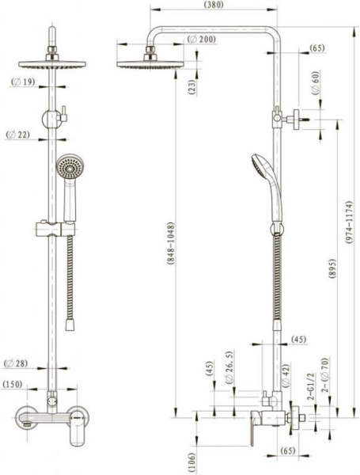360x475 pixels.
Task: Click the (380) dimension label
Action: coord(214,6)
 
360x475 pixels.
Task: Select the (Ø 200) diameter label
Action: coord(201,40)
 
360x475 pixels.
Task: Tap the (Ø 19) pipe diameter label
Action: coord(23,82)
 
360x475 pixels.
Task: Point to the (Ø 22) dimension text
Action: coord(18,135)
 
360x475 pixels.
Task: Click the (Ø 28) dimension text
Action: coord(16,363)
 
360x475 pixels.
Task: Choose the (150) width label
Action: coord(13,384)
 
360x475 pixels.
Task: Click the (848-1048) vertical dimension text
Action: coord(171,244)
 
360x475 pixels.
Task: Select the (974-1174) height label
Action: coord(349,222)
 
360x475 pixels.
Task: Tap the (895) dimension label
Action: coord(332,268)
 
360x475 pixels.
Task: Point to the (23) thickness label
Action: coord(192,87)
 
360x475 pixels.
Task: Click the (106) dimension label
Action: coord(191,462)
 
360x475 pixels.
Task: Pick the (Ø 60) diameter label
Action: coord(316,83)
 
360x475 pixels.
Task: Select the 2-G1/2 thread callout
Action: coord(311,386)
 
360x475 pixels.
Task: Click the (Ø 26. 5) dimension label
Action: coord(229,368)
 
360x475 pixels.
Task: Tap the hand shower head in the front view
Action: coord(70,166)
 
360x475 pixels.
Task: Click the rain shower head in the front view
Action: coord(52,65)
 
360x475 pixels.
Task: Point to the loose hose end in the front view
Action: coord(70,325)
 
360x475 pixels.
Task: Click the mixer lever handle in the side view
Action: coord(252,428)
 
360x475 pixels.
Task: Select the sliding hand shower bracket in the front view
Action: coord(55,230)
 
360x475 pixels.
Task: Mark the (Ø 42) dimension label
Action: coord(286,375)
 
